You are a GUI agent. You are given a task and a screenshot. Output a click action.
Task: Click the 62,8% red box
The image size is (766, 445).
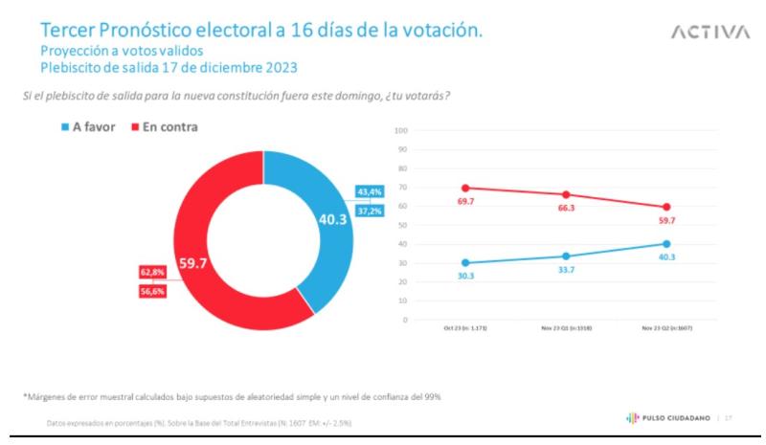(x=152, y=273)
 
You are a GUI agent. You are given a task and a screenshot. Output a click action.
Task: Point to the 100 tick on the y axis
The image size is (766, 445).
(x=401, y=130)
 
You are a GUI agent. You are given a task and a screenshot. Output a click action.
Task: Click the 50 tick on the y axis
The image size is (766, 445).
(x=403, y=225)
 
